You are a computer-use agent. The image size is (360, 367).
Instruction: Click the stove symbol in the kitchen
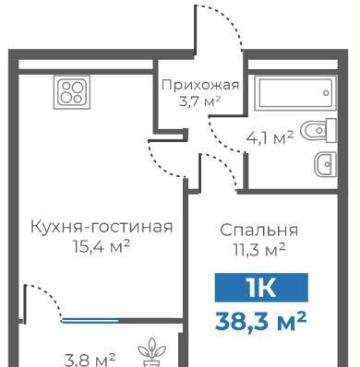tap(72, 92)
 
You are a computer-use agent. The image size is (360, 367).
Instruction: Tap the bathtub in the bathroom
tap(295, 93)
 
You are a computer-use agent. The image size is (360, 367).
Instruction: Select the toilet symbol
tap(318, 130)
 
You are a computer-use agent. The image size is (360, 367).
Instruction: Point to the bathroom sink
tap(325, 165)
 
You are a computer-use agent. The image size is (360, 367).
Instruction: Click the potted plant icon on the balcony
tap(151, 352)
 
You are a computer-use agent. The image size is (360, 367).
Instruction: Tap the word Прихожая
tap(200, 85)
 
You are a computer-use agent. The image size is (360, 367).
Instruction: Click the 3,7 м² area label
tap(200, 101)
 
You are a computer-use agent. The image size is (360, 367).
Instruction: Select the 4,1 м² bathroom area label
tap(270, 137)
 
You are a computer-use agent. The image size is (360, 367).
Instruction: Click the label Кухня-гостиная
tap(102, 228)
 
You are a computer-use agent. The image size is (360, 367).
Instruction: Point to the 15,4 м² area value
tap(102, 245)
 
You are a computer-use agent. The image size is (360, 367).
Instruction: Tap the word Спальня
tap(259, 230)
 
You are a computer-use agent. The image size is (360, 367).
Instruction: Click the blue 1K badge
tap(261, 288)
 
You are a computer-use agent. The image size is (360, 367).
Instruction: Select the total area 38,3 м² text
tap(261, 321)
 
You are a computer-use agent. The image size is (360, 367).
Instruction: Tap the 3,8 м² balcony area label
tap(90, 360)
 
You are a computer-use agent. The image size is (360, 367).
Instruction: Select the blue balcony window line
tap(90, 321)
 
